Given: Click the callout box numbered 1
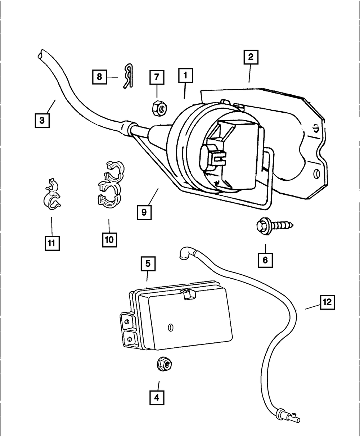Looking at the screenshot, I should point(185,76).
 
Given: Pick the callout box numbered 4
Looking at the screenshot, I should point(157,398).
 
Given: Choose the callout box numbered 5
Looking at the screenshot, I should point(148,264).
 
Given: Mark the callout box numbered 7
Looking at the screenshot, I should point(157,77).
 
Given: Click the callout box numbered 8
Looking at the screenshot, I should point(99,77).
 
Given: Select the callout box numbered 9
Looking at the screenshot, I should point(144,212).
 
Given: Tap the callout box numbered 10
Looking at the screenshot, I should point(109,239).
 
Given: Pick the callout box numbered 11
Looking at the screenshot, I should point(51,243).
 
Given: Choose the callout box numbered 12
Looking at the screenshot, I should point(327,303).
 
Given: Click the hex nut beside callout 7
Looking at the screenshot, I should point(158,107).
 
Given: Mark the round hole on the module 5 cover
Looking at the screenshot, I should point(171,327).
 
